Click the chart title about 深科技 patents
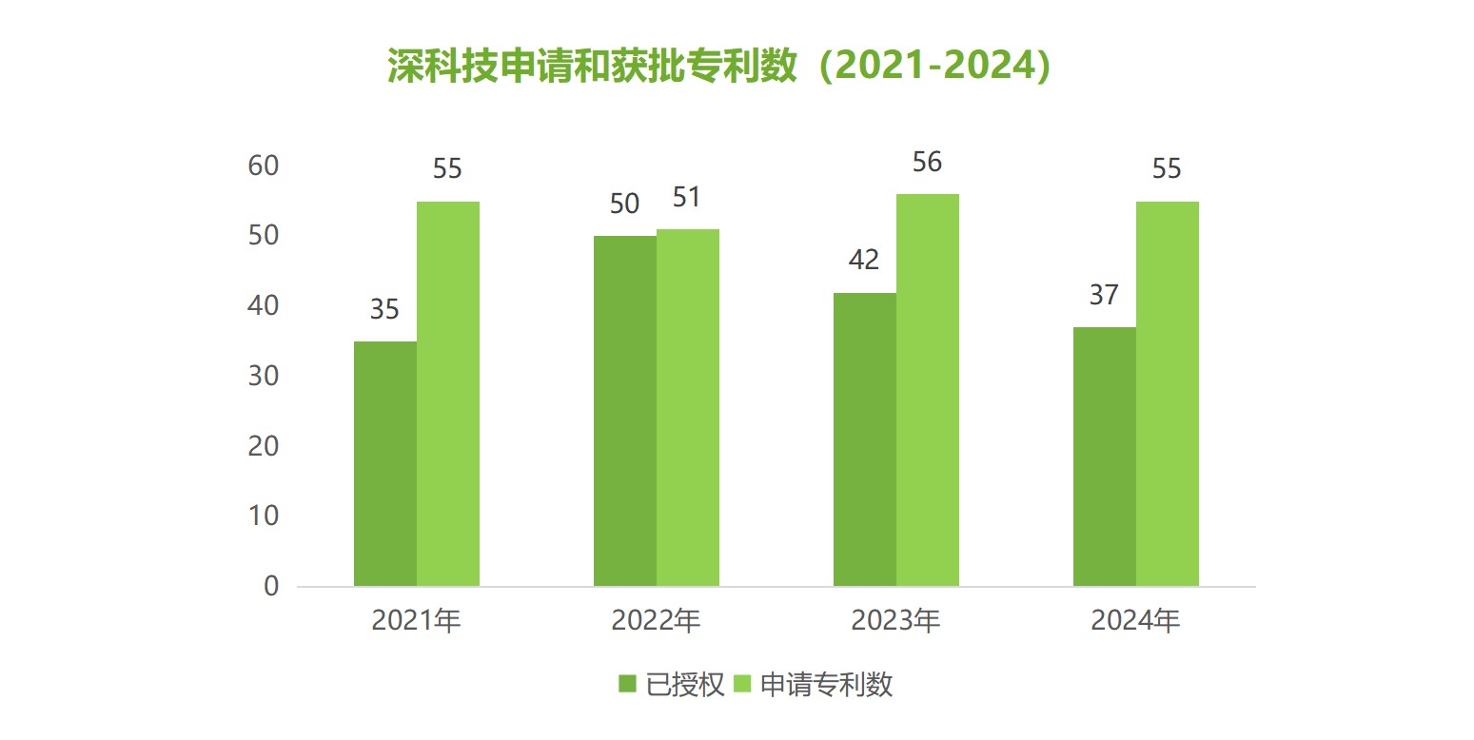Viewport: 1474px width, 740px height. coord(719,67)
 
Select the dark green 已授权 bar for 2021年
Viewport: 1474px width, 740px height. coord(384,463)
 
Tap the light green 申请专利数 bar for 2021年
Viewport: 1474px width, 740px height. coord(447,394)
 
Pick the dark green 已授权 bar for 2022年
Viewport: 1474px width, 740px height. coord(624,411)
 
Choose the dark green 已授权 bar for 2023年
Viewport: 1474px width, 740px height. coord(864,438)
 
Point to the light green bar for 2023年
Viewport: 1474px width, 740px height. coord(927,390)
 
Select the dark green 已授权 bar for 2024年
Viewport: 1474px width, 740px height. coord(1104,457)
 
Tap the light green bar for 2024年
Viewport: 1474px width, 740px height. coord(1167,394)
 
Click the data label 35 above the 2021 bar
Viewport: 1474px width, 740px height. coord(384,310)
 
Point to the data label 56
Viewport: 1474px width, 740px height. coord(927,163)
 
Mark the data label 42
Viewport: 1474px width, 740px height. coord(864,261)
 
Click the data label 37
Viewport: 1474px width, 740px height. coord(1104,296)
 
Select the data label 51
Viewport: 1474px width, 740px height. coord(687,198)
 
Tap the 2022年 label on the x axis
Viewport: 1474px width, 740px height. coord(656,621)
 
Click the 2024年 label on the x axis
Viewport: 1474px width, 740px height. coord(1135,621)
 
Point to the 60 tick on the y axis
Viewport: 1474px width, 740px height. coord(264,166)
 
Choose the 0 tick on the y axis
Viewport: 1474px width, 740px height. coord(271,586)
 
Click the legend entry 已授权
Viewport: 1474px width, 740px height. coord(672,685)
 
